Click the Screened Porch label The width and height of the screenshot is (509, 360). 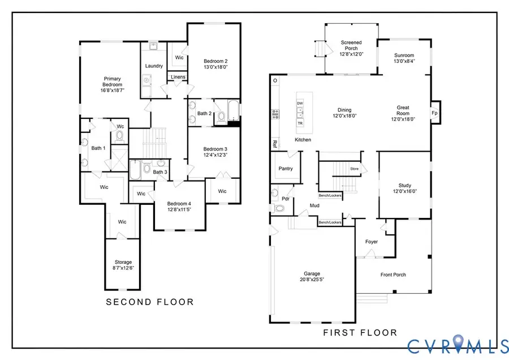[x=351, y=42]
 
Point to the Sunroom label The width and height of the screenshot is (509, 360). [x=404, y=55]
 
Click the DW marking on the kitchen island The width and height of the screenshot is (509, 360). [x=300, y=104]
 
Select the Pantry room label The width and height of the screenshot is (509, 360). [x=286, y=168]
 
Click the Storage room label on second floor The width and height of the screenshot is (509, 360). [x=123, y=262]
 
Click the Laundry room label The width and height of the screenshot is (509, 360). [x=154, y=66]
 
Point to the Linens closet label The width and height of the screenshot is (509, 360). [x=178, y=77]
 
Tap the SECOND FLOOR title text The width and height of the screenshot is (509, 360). [x=150, y=302]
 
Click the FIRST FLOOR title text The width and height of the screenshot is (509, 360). [x=360, y=332]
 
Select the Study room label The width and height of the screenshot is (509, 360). [x=404, y=185]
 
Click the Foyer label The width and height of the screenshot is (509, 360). [x=371, y=242]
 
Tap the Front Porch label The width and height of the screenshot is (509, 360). [x=393, y=275]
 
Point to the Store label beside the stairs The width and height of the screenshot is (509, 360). [x=355, y=168]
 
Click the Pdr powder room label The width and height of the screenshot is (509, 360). [x=286, y=199]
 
